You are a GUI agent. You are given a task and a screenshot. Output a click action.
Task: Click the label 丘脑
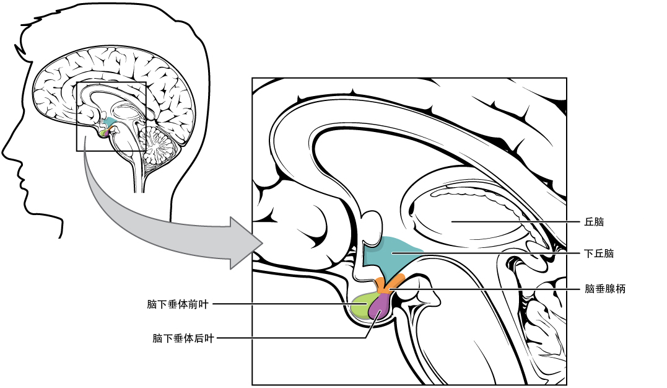coord(594,221)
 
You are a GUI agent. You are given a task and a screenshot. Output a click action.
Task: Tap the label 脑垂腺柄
coord(605,289)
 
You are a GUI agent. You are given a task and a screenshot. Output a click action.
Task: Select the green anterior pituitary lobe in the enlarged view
coord(360,306)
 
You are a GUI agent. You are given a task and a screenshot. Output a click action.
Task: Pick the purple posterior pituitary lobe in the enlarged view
coord(380,307)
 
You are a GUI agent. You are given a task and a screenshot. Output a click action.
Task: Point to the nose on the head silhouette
coord(6,148)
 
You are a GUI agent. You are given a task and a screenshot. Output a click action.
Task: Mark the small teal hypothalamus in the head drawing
coord(110,122)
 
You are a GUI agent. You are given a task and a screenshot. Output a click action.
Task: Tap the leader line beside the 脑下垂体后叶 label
coord(291,338)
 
